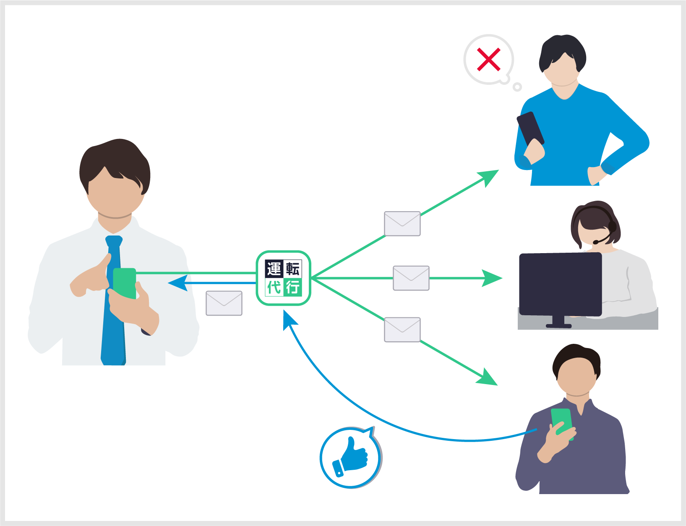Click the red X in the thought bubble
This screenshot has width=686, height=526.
click(x=489, y=60)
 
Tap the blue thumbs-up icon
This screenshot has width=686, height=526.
click(x=352, y=458)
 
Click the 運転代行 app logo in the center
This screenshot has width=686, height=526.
click(x=283, y=278)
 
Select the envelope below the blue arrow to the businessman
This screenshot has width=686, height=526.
click(x=224, y=303)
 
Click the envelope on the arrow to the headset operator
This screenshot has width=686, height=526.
click(x=411, y=278)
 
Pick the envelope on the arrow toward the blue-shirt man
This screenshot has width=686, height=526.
click(x=402, y=224)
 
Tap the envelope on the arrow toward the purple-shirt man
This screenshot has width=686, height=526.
click(x=402, y=330)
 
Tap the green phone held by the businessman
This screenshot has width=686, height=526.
click(x=125, y=284)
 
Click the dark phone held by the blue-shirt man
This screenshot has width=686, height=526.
click(x=530, y=128)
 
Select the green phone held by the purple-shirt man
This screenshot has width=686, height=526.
click(x=562, y=422)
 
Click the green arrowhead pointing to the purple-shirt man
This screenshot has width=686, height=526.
click(x=487, y=378)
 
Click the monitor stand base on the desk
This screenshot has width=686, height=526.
click(x=558, y=326)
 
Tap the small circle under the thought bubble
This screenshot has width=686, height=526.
click(x=517, y=87)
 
